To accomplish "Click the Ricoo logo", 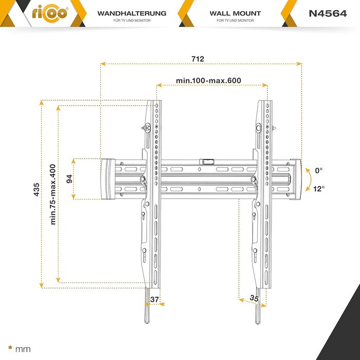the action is pos(50,14).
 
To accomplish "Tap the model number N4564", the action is pos(328,13).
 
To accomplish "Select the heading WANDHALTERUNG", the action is pos(132,13).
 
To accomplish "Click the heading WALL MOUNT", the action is pos(235,13).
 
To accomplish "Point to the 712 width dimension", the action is pos(197,59).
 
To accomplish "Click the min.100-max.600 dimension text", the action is pos(208,81).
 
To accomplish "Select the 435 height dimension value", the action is pos(37,189).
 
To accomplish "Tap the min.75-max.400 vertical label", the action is pos(53,194).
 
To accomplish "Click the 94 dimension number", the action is pos(69,179).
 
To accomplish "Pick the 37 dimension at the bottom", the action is pos(154,299).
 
